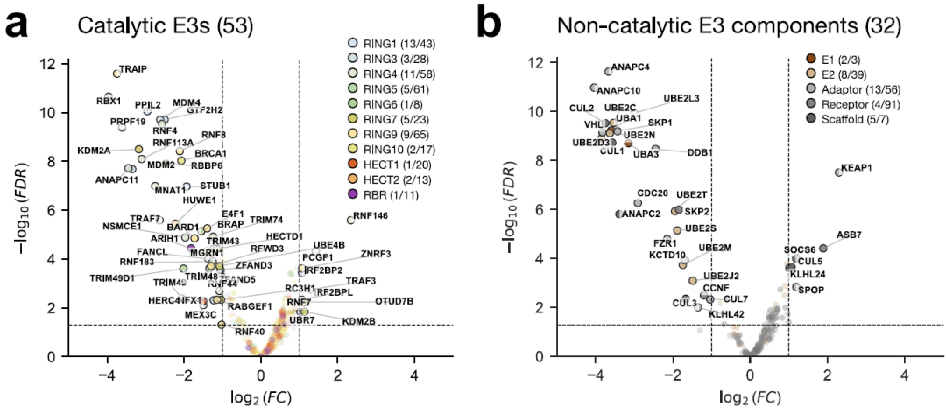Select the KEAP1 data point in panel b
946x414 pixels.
[838, 172]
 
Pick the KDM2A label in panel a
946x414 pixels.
[94, 151]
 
